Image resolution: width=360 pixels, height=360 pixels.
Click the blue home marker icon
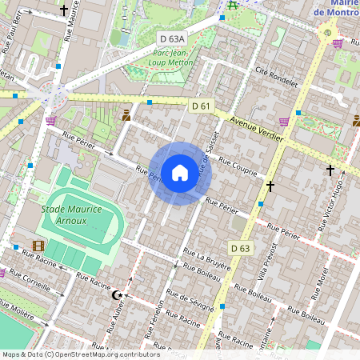pyautogui.click(x=179, y=173)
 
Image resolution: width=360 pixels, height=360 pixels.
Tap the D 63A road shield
pyautogui.click(x=171, y=38)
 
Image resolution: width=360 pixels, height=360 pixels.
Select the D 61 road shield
pyautogui.click(x=201, y=106)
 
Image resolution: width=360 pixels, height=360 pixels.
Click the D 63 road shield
pyautogui.click(x=240, y=248)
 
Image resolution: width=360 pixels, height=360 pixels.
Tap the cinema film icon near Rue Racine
pyautogui.click(x=38, y=246)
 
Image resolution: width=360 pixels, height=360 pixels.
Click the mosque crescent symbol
pyautogui.click(x=118, y=295)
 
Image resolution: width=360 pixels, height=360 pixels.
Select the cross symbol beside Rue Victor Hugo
pyautogui.click(x=330, y=170)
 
